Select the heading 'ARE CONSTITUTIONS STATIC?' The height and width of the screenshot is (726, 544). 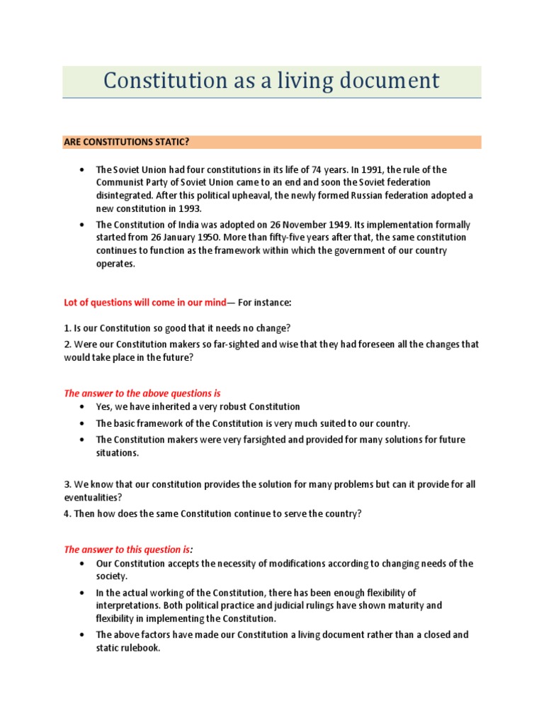pos(126,142)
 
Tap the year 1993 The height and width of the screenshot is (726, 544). pos(188,208)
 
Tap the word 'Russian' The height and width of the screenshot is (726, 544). pos(360,196)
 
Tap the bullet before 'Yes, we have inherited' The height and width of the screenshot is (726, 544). pos(82,407)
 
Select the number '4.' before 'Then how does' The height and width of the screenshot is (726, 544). pos(68,513)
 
